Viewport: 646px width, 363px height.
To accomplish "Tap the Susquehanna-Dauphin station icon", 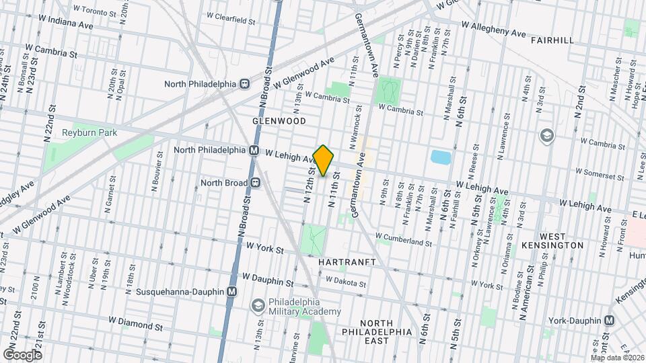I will pos(231,292).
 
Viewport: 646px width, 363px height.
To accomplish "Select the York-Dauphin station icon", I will pos(610,320).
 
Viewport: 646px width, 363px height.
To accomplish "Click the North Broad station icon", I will pos(256,182).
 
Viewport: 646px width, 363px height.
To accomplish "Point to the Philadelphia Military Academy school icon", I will pos(258,306).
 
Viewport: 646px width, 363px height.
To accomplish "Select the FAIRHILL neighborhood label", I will pos(552,40).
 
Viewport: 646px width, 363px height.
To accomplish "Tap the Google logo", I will pos(22,354).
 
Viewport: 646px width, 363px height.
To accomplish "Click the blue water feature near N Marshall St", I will pos(441,158).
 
